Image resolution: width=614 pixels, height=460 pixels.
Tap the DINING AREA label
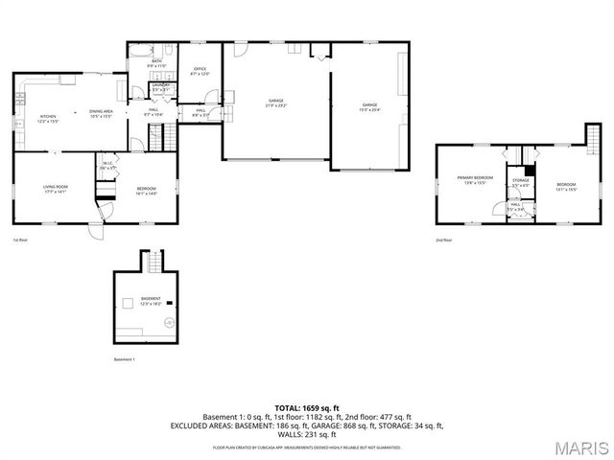point(102,112)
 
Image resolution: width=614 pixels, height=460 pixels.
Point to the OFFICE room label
point(201,69)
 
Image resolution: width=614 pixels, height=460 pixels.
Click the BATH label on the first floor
point(157,60)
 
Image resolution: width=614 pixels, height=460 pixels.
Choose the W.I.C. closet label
point(108,164)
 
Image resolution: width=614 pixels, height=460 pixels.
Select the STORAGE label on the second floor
point(520,180)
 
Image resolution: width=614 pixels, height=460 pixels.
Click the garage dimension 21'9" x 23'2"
point(276,104)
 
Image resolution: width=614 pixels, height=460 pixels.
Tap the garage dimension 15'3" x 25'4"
point(369,109)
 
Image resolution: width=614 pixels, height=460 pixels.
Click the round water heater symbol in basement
point(170,322)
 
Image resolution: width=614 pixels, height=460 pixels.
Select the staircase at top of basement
point(152,260)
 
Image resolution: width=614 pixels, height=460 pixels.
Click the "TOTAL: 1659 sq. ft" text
point(306,408)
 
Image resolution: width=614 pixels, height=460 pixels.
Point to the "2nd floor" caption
point(443,241)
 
